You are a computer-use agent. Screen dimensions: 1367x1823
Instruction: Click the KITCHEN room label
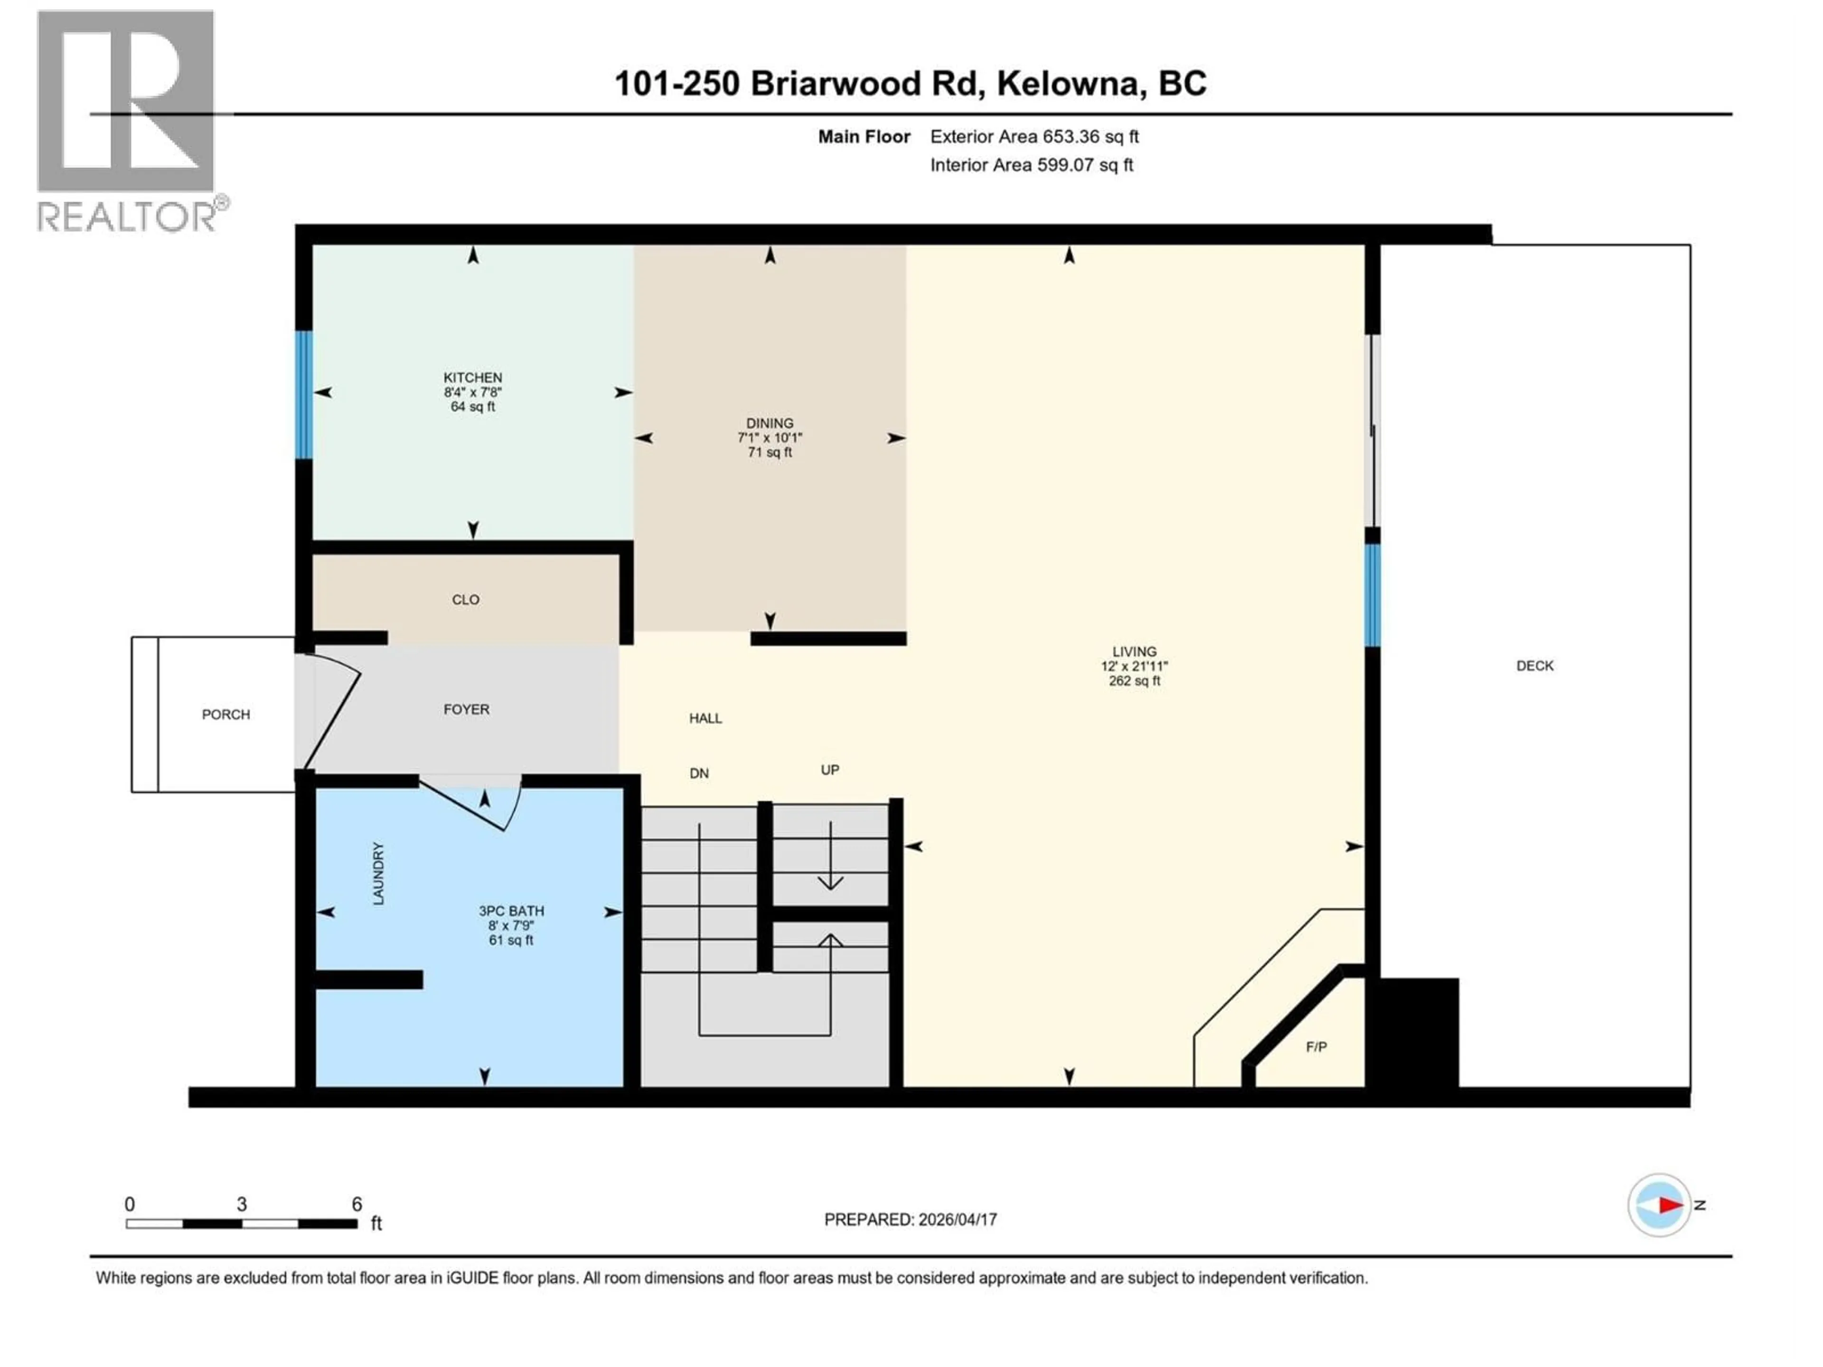tap(472, 377)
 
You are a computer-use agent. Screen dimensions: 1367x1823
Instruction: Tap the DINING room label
tap(769, 423)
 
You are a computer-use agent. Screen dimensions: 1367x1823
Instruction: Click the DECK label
tap(1534, 666)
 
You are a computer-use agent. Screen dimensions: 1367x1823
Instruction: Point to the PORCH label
tap(226, 714)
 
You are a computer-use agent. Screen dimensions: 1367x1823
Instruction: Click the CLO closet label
tap(466, 600)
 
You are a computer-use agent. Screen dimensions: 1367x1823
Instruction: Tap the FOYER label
tap(467, 710)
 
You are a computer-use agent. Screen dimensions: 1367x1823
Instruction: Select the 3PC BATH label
tap(511, 911)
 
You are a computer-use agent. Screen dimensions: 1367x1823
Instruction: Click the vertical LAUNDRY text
tap(378, 873)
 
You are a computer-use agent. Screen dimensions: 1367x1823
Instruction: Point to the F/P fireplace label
tap(1316, 1047)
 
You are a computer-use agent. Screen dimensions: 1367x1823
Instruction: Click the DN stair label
tap(699, 773)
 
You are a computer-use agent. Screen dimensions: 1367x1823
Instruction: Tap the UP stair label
tap(830, 769)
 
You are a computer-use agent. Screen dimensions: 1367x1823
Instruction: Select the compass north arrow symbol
tap(1660, 1206)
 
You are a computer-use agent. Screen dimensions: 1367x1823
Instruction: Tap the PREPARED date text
tap(910, 1219)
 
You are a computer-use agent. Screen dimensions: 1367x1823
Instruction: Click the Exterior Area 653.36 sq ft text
tap(1034, 137)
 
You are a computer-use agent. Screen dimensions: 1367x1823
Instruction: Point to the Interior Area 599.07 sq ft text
tap(1031, 165)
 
